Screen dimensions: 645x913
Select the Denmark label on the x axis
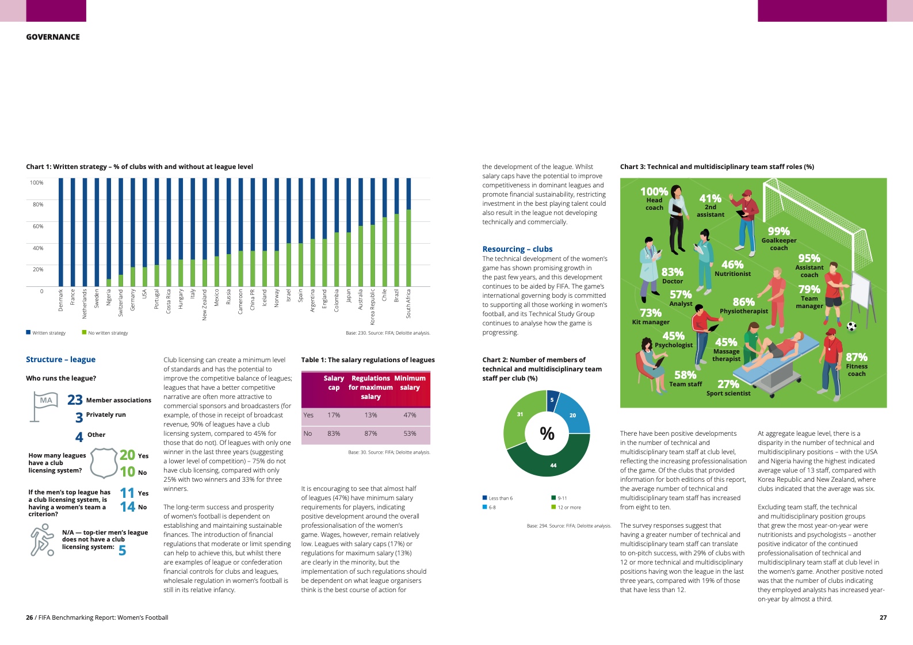(x=61, y=300)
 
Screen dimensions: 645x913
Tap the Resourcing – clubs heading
(x=517, y=249)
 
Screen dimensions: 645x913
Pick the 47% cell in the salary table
(x=410, y=415)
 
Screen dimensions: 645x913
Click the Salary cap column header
(x=334, y=383)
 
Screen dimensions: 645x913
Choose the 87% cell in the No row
(x=370, y=433)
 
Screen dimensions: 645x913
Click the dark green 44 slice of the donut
(x=549, y=458)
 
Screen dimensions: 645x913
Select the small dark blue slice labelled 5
(x=552, y=400)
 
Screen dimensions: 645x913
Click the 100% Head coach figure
(x=654, y=192)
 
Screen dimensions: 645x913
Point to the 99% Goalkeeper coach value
(x=778, y=232)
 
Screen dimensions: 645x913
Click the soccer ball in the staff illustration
(x=852, y=327)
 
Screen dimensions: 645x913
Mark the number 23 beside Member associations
(x=75, y=400)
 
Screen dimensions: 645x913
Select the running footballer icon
(x=42, y=541)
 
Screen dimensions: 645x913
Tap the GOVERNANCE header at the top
(x=53, y=37)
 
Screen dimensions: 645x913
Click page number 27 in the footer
(x=883, y=617)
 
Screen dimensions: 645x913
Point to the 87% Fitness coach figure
(x=856, y=358)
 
